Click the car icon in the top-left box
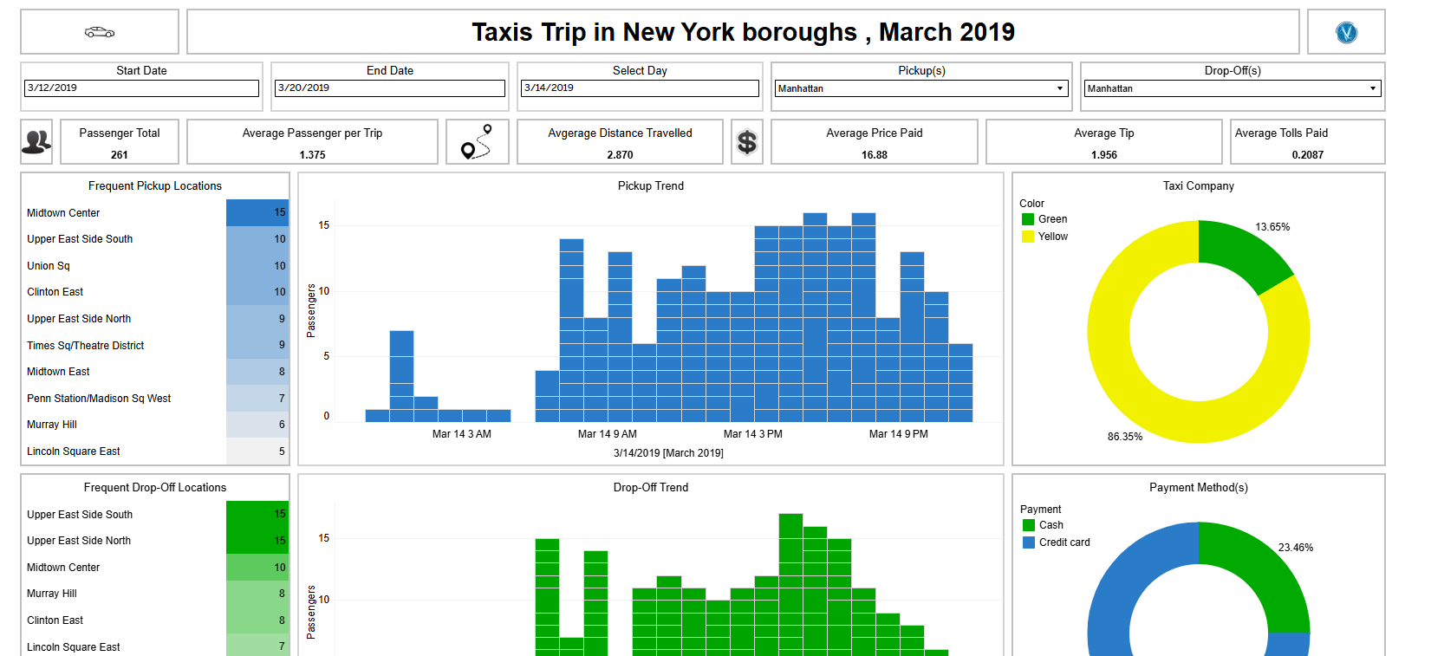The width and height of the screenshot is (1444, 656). click(x=100, y=32)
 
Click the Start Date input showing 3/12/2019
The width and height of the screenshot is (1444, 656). click(x=141, y=88)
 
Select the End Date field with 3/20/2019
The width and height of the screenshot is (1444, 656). click(x=389, y=88)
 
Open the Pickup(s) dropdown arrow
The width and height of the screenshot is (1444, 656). click(x=1060, y=88)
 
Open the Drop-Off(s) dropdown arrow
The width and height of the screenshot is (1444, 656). click(x=1372, y=88)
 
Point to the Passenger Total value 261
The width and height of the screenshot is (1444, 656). click(x=120, y=155)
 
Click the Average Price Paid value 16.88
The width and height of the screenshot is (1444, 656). click(x=874, y=155)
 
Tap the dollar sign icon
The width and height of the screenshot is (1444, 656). click(x=746, y=142)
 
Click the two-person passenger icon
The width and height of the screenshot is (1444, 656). click(x=36, y=141)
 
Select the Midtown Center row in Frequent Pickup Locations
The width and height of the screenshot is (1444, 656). click(x=63, y=213)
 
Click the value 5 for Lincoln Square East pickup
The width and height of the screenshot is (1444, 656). click(x=282, y=451)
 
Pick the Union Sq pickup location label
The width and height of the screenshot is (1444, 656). click(x=49, y=266)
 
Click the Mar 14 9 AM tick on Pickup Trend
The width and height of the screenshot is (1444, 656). click(x=607, y=434)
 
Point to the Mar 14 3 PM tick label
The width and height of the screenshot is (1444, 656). click(x=752, y=434)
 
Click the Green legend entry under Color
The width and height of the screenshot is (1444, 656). click(x=1052, y=219)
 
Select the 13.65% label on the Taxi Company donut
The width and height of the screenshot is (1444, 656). click(x=1272, y=227)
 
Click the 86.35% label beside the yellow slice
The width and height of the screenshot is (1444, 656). click(x=1124, y=437)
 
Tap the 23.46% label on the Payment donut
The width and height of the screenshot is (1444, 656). click(x=1295, y=548)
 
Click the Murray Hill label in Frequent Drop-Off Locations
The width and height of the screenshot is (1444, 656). click(x=52, y=594)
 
